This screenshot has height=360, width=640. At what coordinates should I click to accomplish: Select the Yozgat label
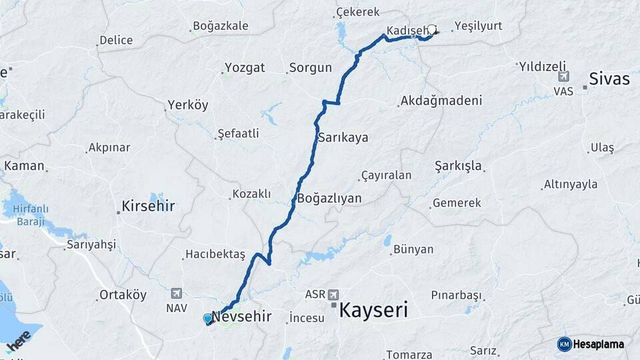coord(245,67)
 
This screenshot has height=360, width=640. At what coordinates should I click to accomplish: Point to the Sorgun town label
coord(311,67)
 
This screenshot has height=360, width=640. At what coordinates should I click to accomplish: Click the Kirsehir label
coord(148,206)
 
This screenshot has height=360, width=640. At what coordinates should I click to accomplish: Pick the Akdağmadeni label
coord(441,101)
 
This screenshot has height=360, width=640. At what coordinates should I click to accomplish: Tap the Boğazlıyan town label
coord(329,198)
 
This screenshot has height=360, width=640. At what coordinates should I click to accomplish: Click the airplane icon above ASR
coord(333,294)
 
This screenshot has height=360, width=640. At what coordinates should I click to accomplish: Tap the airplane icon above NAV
coord(176,293)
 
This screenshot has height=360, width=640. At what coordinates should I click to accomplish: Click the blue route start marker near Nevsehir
coord(208,319)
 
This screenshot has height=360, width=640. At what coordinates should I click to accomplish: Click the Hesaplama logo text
coord(598,344)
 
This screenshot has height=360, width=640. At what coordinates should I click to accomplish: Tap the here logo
coord(19,340)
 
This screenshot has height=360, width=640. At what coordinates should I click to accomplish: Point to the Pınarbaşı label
coord(456,295)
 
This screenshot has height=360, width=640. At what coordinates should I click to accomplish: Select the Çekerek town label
coord(358,12)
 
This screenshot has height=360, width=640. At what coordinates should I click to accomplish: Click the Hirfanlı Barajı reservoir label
coord(25,215)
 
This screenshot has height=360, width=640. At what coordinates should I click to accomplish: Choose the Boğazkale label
coord(220,26)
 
